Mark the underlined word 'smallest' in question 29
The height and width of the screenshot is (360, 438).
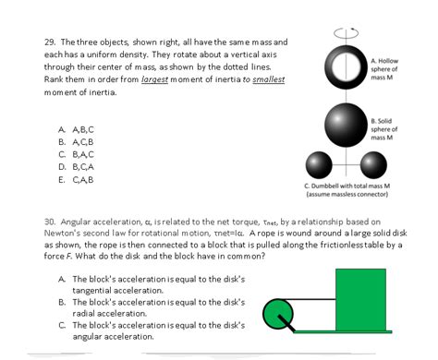[264, 79]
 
